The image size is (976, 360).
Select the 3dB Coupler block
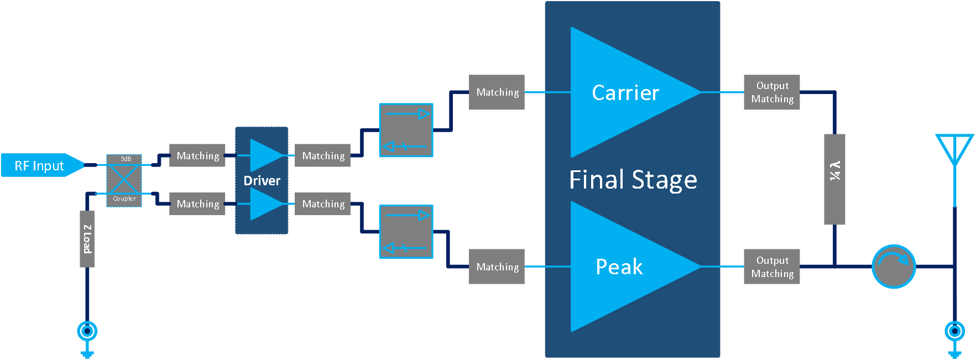pyautogui.click(x=124, y=180)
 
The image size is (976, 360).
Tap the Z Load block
pyautogui.click(x=87, y=239)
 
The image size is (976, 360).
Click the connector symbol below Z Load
pyautogui.click(x=87, y=332)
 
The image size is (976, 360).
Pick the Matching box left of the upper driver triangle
pyautogui.click(x=197, y=156)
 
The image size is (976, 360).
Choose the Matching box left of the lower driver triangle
pyautogui.click(x=197, y=204)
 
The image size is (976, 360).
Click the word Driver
pyautogui.click(x=262, y=181)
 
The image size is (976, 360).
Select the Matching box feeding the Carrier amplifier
pyautogui.click(x=497, y=92)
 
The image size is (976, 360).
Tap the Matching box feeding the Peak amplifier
pyautogui.click(x=497, y=267)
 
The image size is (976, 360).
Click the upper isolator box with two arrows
pyautogui.click(x=406, y=130)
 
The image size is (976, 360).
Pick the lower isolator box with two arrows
pyautogui.click(x=406, y=232)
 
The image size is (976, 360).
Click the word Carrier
pyautogui.click(x=625, y=93)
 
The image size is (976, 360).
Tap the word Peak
pyautogui.click(x=619, y=267)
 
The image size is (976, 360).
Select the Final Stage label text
pyautogui.click(x=633, y=180)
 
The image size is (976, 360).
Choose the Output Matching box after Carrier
pyautogui.click(x=771, y=92)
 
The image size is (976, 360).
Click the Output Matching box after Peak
pyautogui.click(x=771, y=267)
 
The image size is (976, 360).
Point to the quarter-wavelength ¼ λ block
pyautogui.click(x=834, y=179)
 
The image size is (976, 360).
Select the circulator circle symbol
pyautogui.click(x=894, y=267)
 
